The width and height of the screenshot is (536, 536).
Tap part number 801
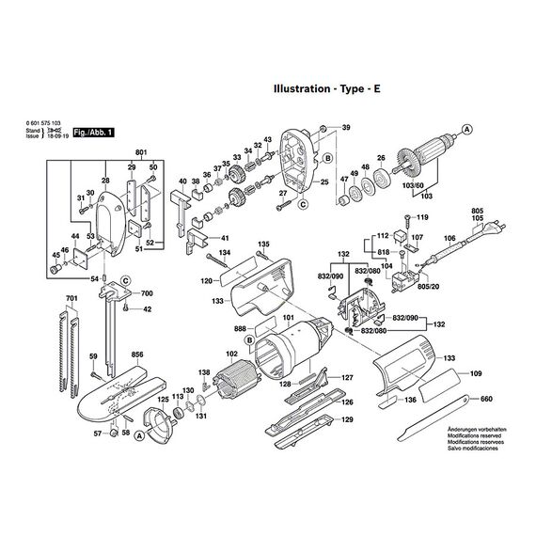click(141, 152)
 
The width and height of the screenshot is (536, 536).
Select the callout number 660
click(485, 400)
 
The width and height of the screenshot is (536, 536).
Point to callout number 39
click(344, 127)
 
